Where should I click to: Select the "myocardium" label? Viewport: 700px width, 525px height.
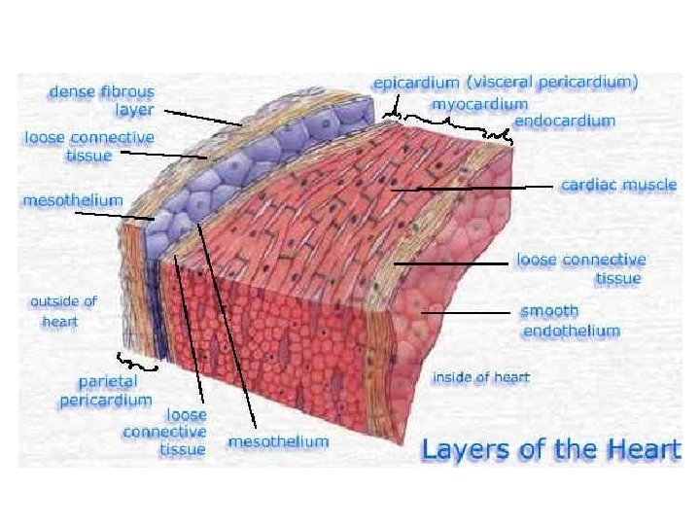coord(479,103)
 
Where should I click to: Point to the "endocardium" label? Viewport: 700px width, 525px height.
coord(564,122)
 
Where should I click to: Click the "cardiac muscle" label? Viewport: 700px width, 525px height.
coord(618,185)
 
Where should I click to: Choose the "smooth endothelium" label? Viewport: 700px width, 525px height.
coord(570,321)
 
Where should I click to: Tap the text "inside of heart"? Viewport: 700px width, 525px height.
coord(480,377)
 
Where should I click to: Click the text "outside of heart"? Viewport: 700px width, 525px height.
coord(63,311)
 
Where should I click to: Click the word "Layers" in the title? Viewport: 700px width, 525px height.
coord(462,449)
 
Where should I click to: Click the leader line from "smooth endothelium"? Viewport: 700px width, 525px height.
coord(467,313)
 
